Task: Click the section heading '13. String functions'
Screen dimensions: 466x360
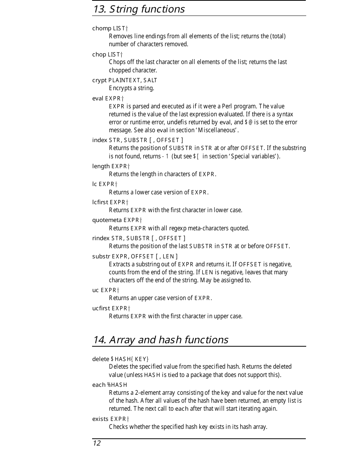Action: click(139, 9)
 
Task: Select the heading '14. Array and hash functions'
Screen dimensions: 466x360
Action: click(160, 340)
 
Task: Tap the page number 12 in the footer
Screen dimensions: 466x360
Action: click(97, 443)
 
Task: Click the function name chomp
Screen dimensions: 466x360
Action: click(102, 28)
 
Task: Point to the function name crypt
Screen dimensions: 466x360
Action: click(99, 80)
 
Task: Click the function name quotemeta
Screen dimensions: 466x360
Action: click(107, 220)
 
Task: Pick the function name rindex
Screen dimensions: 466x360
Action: click(101, 238)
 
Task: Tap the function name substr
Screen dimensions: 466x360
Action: click(101, 256)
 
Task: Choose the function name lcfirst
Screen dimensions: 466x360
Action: click(100, 202)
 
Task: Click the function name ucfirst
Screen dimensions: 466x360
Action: click(101, 308)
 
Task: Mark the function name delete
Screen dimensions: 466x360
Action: click(100, 359)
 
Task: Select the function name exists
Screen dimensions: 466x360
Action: click(100, 419)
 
